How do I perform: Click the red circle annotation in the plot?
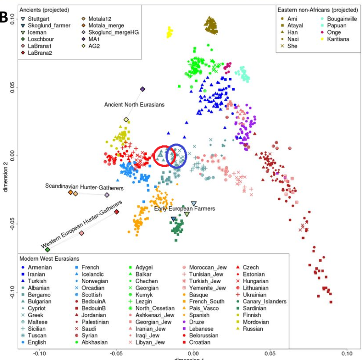click(164, 156)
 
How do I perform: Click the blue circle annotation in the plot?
click(176, 156)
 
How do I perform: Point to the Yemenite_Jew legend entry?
click(207, 288)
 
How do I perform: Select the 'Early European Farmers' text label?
click(185, 209)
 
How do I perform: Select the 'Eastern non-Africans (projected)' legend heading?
click(317, 10)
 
